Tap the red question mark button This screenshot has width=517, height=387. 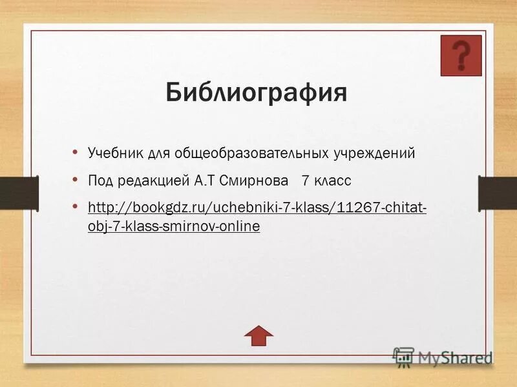461,55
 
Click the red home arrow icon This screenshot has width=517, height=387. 258,333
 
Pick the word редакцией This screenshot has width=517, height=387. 154,181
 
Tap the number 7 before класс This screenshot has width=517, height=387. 305,181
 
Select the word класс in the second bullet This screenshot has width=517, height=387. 333,181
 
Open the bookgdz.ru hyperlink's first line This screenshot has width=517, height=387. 257,208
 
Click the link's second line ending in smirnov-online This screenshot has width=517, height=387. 173,226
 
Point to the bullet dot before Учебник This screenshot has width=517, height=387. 76,153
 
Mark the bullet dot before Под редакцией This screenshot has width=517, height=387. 76,180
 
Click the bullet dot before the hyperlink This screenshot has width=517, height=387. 76,207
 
